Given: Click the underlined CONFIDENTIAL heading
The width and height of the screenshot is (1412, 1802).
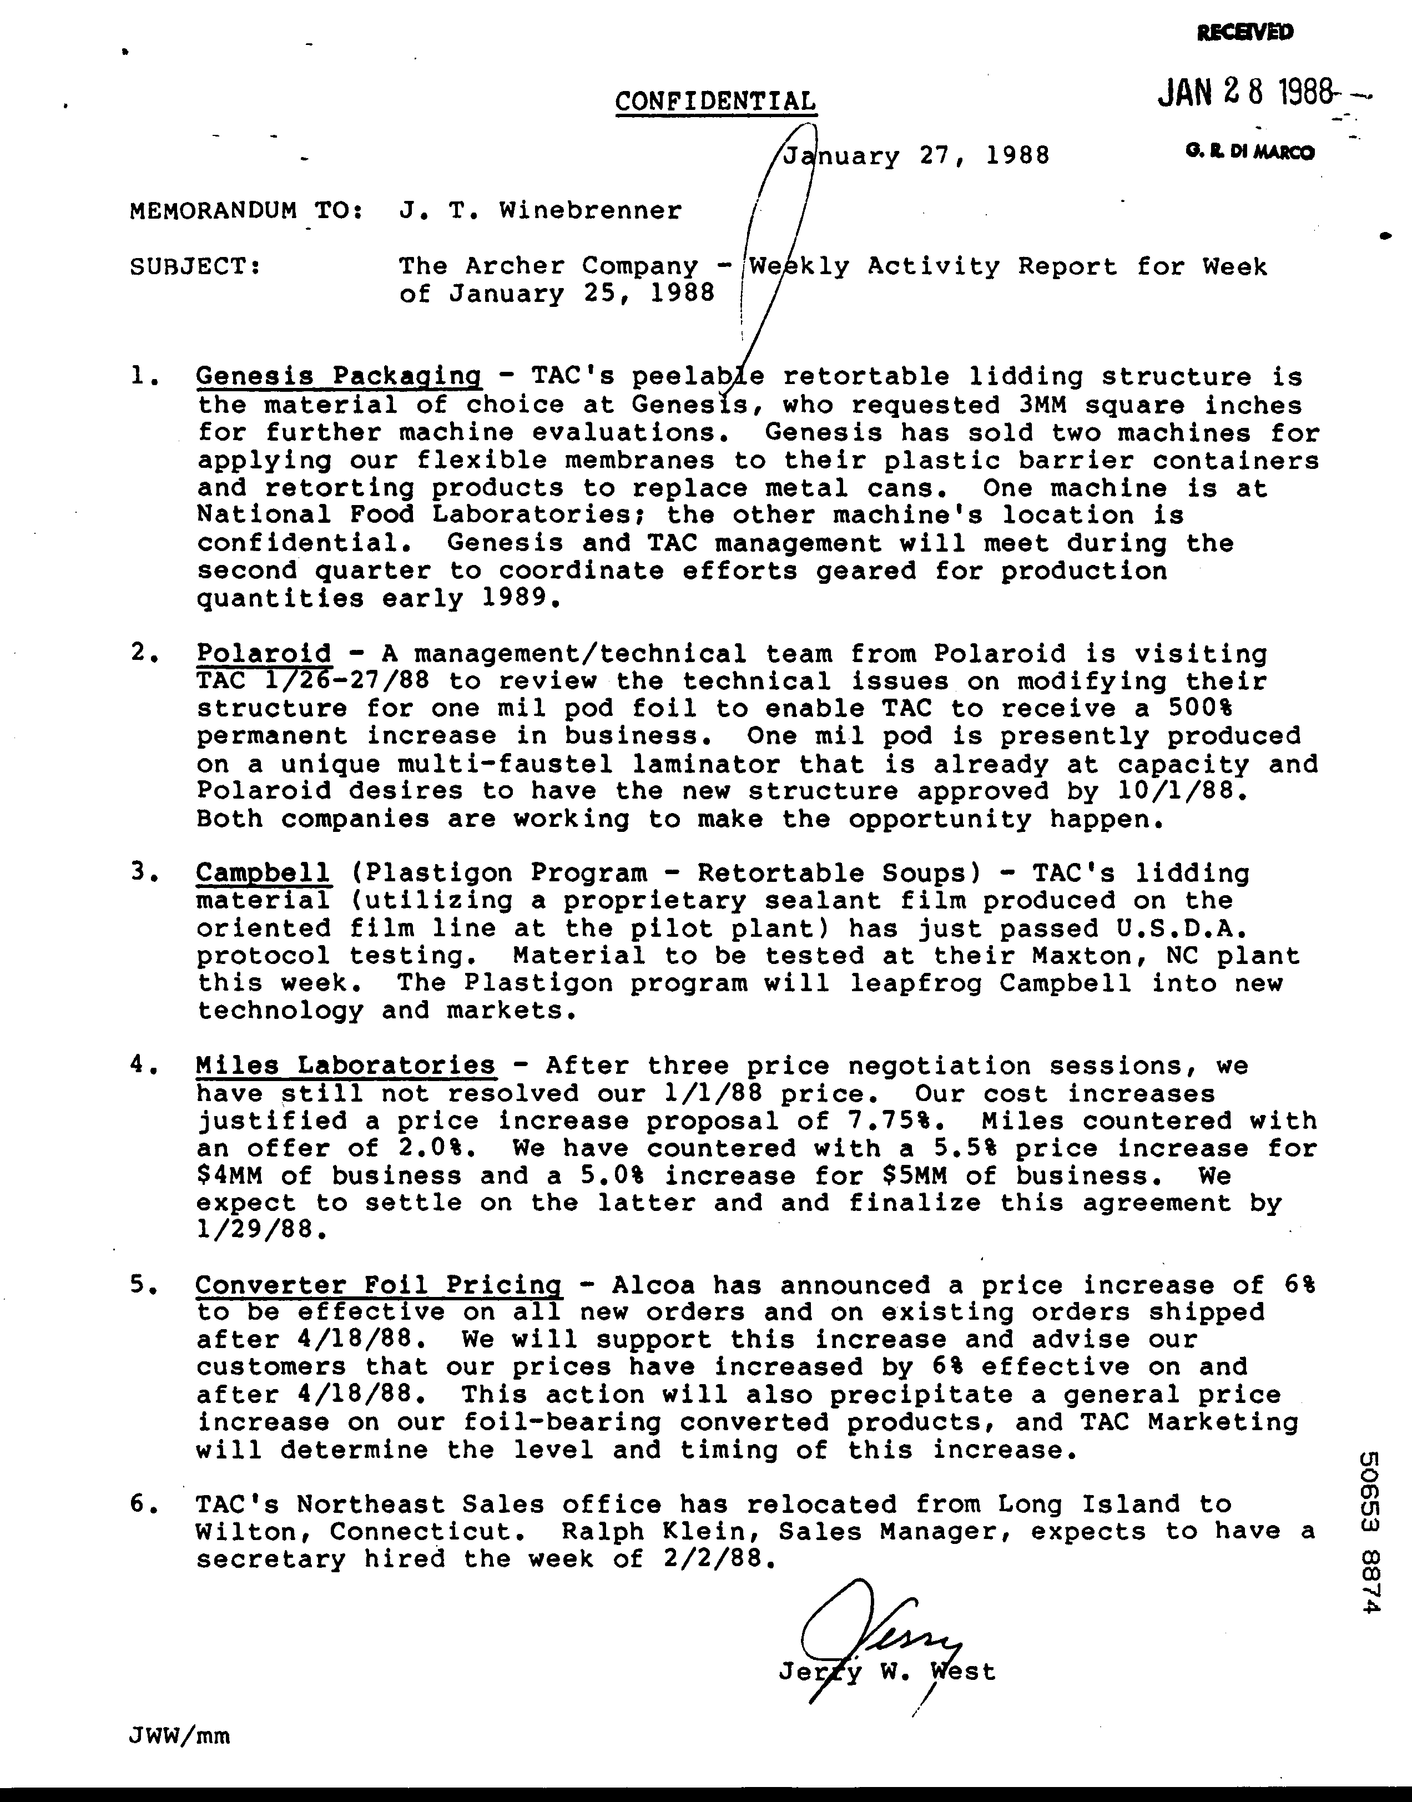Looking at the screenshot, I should click(715, 102).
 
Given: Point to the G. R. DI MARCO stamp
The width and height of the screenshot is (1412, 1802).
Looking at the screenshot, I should click(1248, 152).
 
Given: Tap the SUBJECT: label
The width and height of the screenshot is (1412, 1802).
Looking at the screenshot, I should click(196, 266).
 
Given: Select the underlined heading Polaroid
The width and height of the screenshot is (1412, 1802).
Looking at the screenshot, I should click(264, 654).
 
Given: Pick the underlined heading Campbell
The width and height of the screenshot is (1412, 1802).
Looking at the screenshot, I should click(263, 873).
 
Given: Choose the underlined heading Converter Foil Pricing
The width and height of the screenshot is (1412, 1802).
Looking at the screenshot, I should click(378, 1285).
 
